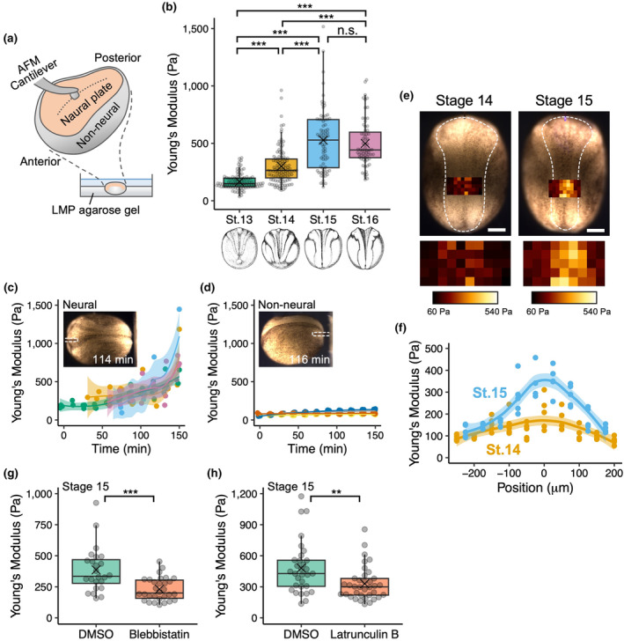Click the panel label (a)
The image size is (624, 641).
12,38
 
